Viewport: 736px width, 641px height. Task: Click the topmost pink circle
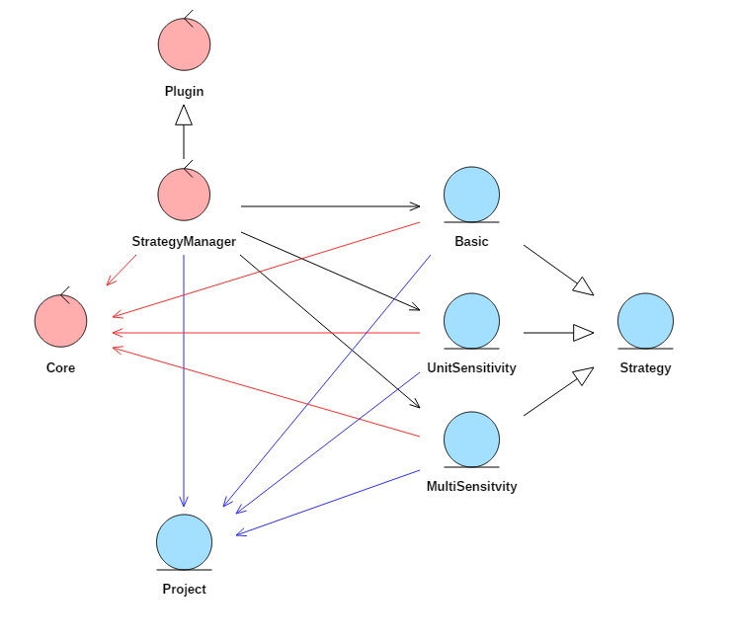184,44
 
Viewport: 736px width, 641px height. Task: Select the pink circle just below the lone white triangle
184,195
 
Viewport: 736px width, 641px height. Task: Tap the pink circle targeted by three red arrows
60,321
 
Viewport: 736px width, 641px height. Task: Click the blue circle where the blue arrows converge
184,542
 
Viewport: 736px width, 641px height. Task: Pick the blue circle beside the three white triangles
645,321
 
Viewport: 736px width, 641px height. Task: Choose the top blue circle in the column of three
471,195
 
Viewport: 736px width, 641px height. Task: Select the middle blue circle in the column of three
471,321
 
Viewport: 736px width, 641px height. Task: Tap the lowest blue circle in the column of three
471,440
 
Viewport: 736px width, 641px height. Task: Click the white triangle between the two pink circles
184,116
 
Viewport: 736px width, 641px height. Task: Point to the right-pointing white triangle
582,333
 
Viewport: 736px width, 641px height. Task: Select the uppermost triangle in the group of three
583,286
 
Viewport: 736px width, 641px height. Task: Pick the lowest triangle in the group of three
583,375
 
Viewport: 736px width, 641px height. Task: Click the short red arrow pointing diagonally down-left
122,270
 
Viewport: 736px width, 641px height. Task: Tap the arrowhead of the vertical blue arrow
184,502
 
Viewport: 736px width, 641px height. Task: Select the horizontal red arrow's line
267,333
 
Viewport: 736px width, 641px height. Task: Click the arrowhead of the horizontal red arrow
117,333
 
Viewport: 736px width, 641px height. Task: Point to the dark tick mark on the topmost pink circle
189,23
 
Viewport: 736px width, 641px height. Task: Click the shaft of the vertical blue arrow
184,375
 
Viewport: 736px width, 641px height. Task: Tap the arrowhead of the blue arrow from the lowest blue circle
240,533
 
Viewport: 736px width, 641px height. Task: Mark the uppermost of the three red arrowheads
117,315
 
